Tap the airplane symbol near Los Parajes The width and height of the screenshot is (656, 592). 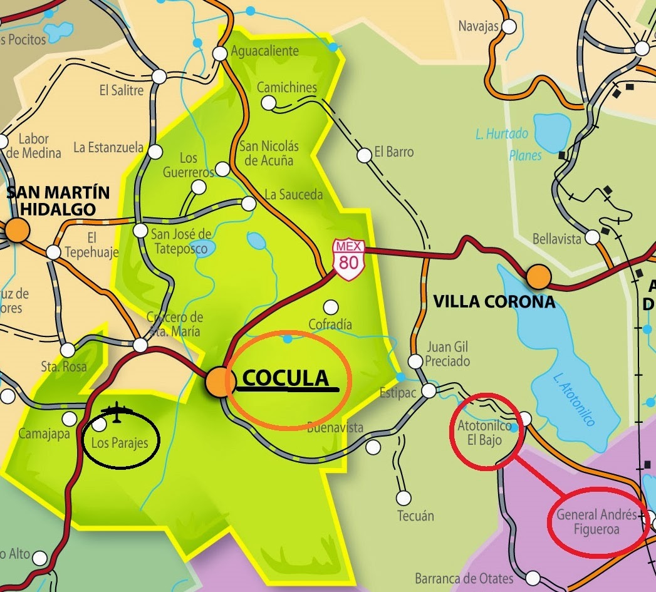(117, 413)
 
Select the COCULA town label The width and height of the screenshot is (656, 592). (286, 378)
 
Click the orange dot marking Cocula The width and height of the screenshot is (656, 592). (217, 382)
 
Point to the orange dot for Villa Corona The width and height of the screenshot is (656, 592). (538, 276)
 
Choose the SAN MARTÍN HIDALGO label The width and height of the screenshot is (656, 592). (58, 200)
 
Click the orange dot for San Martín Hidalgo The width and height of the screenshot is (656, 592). (18, 231)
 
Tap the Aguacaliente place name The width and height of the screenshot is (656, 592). (265, 51)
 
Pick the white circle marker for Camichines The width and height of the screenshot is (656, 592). (269, 103)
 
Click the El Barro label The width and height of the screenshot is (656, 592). (394, 152)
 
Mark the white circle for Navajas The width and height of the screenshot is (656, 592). (509, 26)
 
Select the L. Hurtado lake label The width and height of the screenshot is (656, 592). (502, 133)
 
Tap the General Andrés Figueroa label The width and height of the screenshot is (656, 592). (596, 522)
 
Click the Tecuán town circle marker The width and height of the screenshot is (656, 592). (403, 499)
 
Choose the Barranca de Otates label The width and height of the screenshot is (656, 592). (464, 578)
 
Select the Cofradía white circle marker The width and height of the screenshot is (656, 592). (330, 307)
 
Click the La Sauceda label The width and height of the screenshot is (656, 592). (294, 195)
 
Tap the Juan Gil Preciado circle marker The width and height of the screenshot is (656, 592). (415, 361)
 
